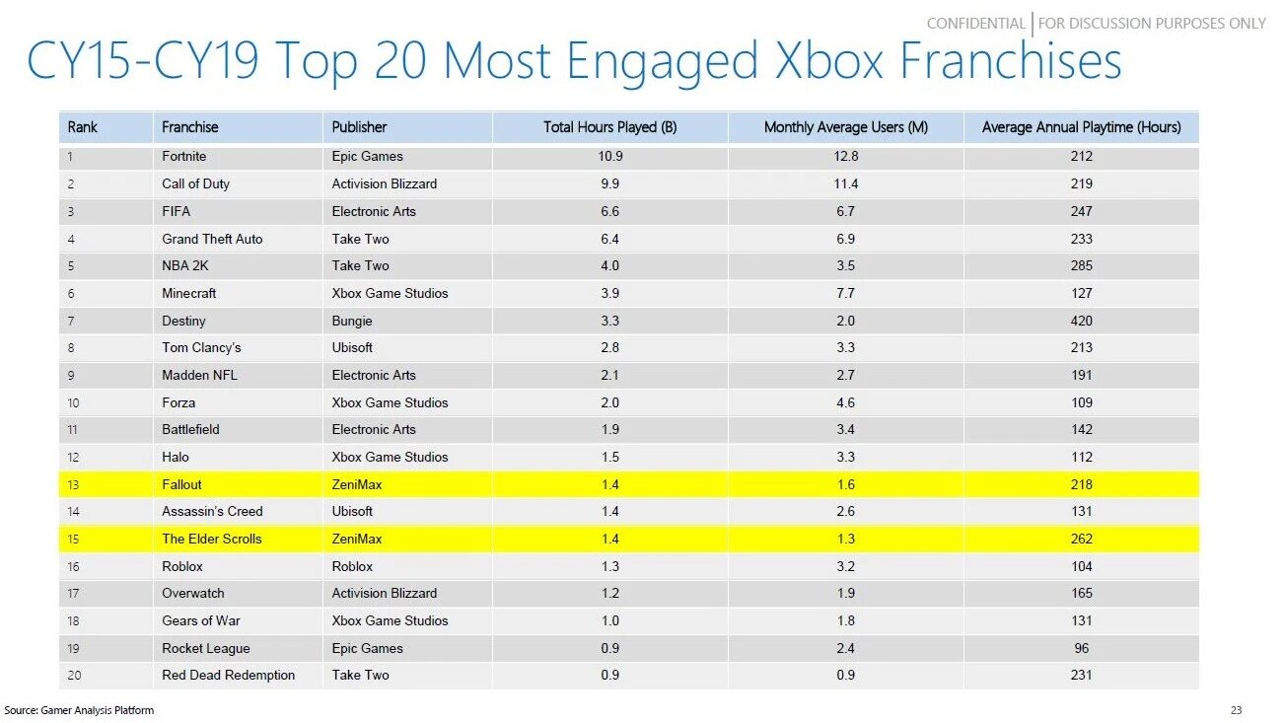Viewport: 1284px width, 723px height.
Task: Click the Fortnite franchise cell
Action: point(184,156)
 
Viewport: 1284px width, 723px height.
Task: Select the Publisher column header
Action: point(359,127)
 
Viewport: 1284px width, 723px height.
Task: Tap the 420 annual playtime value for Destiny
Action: point(1081,321)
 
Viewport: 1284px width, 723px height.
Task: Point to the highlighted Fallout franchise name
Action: point(181,484)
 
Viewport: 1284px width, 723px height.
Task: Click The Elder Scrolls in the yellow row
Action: point(212,539)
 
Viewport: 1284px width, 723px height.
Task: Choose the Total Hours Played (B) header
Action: point(609,127)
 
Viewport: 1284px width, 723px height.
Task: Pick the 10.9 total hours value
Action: point(610,156)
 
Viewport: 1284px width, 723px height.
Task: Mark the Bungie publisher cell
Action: point(352,321)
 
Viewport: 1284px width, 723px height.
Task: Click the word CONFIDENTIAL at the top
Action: point(975,23)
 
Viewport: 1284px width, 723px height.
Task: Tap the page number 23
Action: point(1236,710)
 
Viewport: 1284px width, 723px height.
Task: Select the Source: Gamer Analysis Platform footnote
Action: point(79,710)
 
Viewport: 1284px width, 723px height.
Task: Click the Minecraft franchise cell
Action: point(189,293)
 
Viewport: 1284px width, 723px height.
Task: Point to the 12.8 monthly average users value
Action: point(845,156)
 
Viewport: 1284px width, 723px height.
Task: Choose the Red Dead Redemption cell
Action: point(229,675)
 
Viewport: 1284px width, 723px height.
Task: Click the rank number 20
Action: point(75,675)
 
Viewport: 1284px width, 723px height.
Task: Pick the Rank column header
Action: point(83,127)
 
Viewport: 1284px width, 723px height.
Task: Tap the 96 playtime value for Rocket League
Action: point(1081,648)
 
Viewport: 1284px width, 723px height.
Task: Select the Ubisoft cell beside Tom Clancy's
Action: point(352,347)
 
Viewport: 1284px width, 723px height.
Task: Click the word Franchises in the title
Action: point(1012,61)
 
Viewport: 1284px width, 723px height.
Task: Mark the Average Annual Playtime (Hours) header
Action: point(1081,127)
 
